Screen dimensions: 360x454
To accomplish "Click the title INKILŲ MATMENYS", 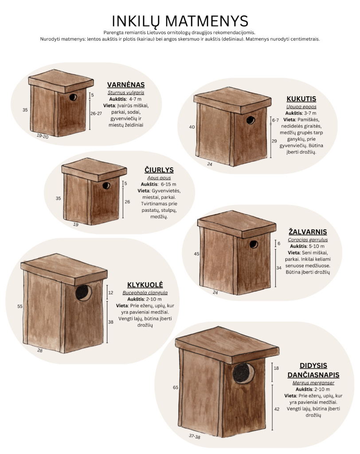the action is [x=180, y=21].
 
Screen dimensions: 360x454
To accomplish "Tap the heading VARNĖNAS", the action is [x=126, y=85].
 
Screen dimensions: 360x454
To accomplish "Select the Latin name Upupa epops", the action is [x=301, y=107].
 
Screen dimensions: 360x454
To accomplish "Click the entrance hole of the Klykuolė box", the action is [x=83, y=293].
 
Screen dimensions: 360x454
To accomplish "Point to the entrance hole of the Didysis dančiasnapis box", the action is [x=243, y=373].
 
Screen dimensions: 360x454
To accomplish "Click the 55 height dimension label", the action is [x=20, y=306].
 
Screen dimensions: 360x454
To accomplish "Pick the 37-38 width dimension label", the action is [x=195, y=436].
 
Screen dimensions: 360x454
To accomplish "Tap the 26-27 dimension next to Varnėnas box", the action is [x=96, y=113].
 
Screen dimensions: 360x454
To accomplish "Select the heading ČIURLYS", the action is [x=159, y=170].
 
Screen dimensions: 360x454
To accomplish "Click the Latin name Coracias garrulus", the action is [x=308, y=240].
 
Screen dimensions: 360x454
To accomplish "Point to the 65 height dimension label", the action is [x=176, y=387].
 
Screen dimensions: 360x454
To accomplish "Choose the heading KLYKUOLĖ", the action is [x=145, y=285].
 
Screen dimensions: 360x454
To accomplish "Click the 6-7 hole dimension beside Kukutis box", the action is [x=275, y=120].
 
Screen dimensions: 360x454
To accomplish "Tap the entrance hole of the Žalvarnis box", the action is [x=254, y=244].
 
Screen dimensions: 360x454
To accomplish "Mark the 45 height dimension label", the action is [x=197, y=254].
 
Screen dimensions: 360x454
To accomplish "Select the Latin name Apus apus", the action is [x=159, y=178].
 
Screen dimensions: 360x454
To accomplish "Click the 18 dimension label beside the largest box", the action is [x=276, y=368].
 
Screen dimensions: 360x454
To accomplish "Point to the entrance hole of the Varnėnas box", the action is [x=73, y=97].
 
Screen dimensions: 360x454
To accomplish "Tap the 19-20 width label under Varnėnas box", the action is [x=43, y=136].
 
